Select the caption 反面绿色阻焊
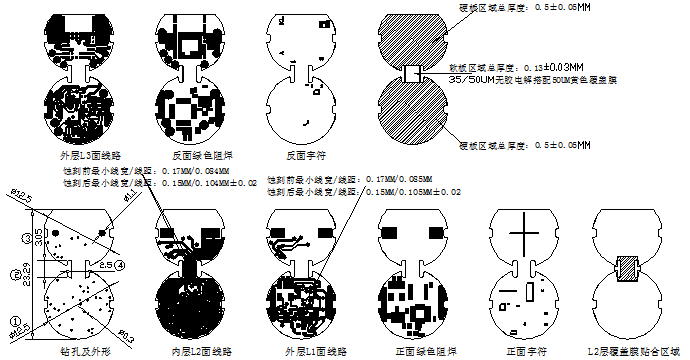tap(196, 156)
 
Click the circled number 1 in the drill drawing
tap(15, 318)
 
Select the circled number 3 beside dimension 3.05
tap(27, 238)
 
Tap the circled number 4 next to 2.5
tap(120, 265)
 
